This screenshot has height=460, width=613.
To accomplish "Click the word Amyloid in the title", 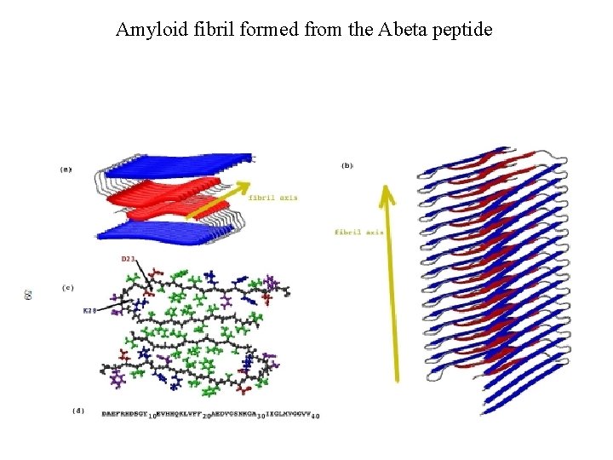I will click(x=146, y=30).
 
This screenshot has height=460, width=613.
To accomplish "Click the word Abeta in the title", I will click(x=390, y=30).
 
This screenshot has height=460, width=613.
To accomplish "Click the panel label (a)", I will click(x=66, y=170).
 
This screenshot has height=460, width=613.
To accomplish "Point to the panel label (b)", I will click(x=347, y=165).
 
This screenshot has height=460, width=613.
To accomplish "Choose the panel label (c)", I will click(x=67, y=287).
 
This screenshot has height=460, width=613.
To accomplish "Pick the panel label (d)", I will click(x=78, y=411).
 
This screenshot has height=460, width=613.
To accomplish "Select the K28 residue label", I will click(x=89, y=312).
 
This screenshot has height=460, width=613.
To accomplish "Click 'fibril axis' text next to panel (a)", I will click(x=272, y=198).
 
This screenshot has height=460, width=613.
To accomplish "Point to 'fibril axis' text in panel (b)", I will click(x=358, y=232).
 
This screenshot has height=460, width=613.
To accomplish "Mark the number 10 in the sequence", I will click(x=152, y=416).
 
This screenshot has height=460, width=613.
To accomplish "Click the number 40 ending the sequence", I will click(x=315, y=416).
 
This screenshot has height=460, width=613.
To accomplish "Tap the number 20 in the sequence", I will click(x=206, y=416).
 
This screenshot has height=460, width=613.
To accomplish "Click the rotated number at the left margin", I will click(x=29, y=295).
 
